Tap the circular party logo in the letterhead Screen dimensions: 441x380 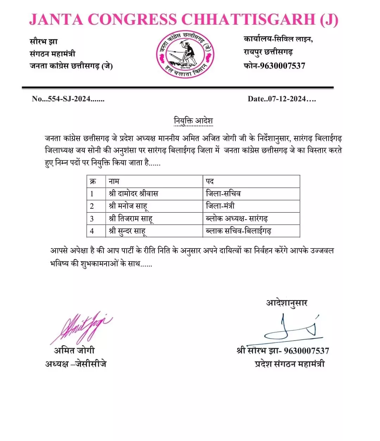point(185,55)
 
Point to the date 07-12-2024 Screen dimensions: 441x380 point(287,99)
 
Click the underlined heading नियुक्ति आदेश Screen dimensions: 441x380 point(193,121)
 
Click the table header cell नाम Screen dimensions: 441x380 point(114,181)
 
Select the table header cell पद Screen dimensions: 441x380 point(210,181)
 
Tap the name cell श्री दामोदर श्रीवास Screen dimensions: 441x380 point(133,194)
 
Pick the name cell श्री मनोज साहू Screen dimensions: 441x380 point(128,206)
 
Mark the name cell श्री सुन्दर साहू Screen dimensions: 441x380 point(127,231)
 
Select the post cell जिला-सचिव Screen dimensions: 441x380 point(223,194)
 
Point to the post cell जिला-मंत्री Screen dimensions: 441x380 point(220,206)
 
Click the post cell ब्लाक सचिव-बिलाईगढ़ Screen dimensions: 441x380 point(239,231)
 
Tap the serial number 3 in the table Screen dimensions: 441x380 point(92,219)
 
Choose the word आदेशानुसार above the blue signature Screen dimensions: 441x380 point(287,303)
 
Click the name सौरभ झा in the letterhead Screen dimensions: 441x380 point(44,42)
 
